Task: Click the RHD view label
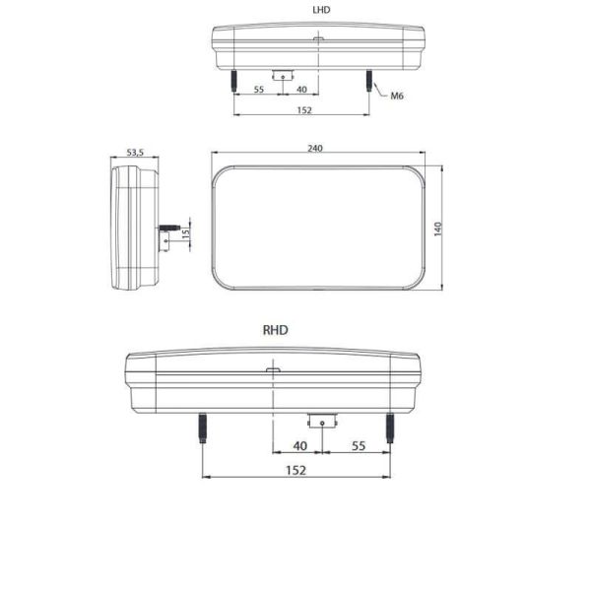pos(276,332)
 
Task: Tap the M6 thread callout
pos(398,96)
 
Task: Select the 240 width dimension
pos(315,148)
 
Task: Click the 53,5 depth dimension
pos(135,153)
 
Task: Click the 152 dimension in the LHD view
pos(301,110)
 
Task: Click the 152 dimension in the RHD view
pos(296,470)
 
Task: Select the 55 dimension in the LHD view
pos(259,90)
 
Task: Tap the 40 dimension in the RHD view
pos(300,446)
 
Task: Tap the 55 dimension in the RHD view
pos(359,446)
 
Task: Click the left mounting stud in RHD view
pos(203,427)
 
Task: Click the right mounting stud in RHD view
pos(390,427)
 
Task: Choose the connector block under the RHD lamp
pos(321,421)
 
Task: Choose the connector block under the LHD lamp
pos(283,75)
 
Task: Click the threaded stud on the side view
pos(171,228)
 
